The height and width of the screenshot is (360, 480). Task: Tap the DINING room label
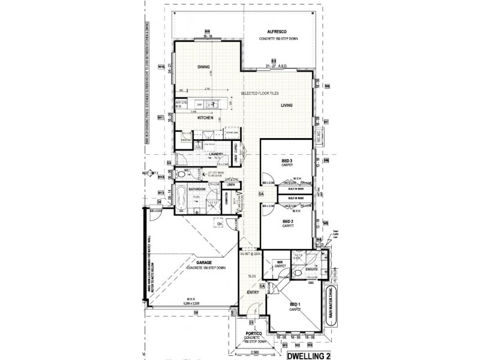pos(204,67)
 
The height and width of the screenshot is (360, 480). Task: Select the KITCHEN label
pos(206,118)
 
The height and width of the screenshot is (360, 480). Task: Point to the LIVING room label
pos(285,106)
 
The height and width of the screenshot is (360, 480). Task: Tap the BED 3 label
pos(287,161)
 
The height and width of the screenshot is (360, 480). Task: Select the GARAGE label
pos(206,262)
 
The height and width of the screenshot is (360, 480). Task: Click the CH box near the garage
pos(220,224)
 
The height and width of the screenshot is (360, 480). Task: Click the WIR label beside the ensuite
pos(279,262)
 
